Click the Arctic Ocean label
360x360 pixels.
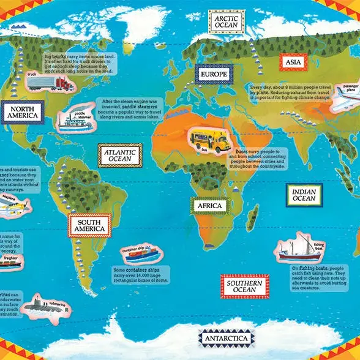click(x=229, y=22)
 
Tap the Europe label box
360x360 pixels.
click(x=213, y=75)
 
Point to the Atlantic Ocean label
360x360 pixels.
click(x=120, y=156)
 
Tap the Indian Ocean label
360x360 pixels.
click(x=304, y=195)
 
